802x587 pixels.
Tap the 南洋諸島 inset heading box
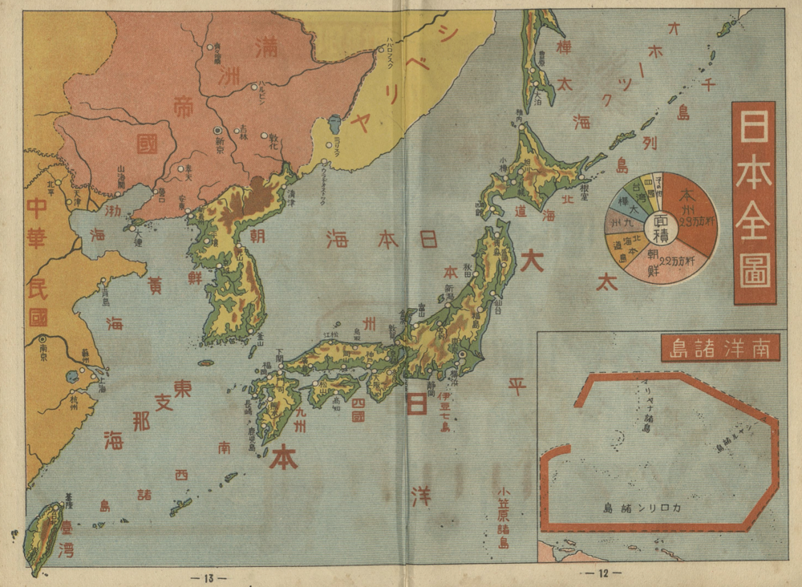[x=719, y=347]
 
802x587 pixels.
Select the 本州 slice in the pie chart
[x=691, y=208]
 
